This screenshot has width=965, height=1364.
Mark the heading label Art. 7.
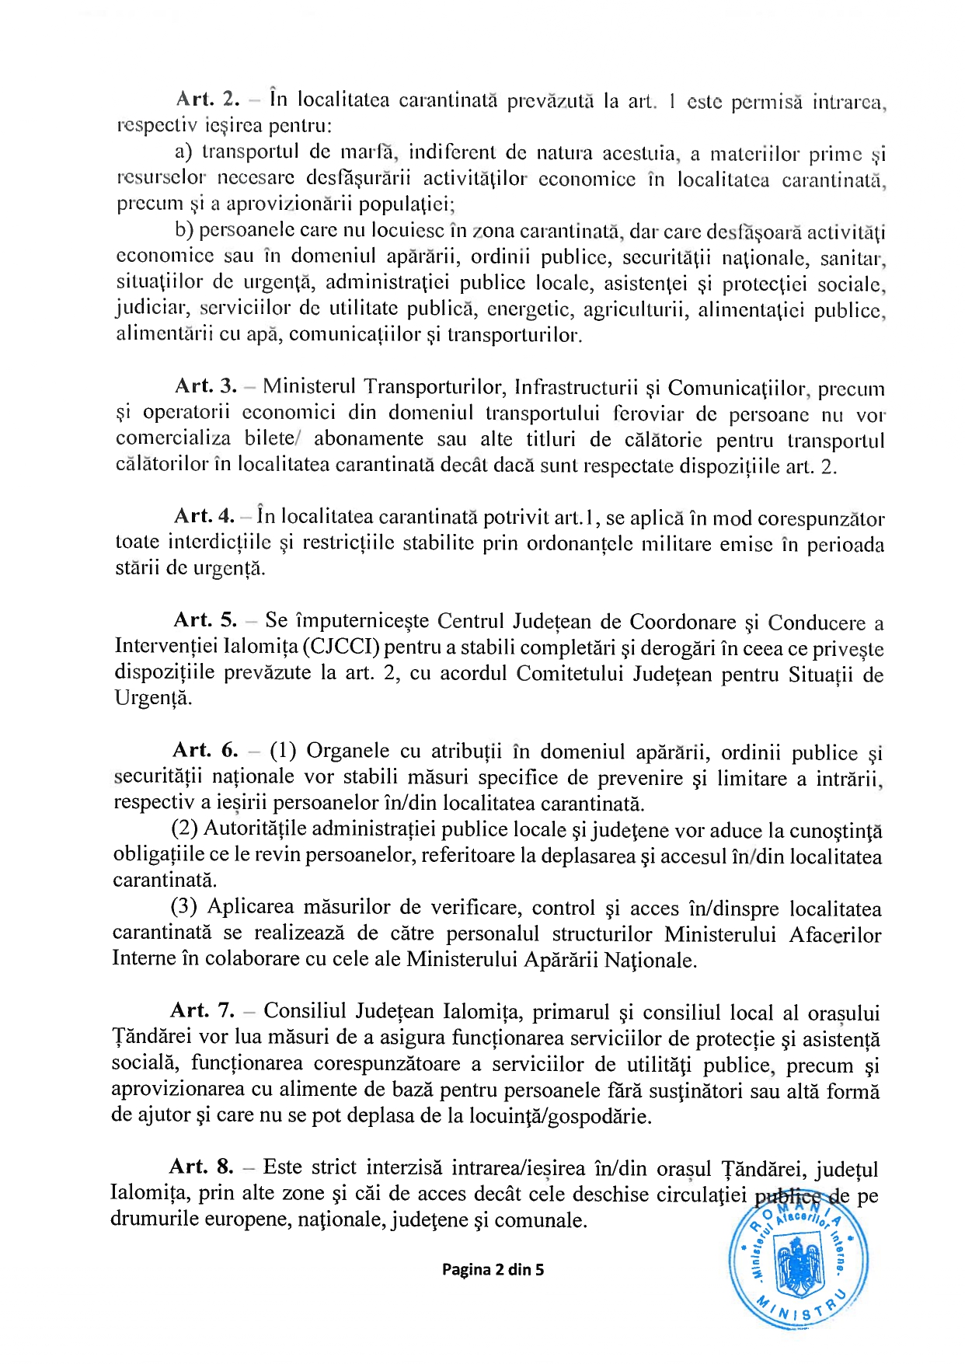pyautogui.click(x=202, y=1010)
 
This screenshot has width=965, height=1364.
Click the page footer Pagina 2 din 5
pyautogui.click(x=493, y=1270)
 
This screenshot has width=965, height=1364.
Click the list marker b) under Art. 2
pyautogui.click(x=183, y=230)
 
